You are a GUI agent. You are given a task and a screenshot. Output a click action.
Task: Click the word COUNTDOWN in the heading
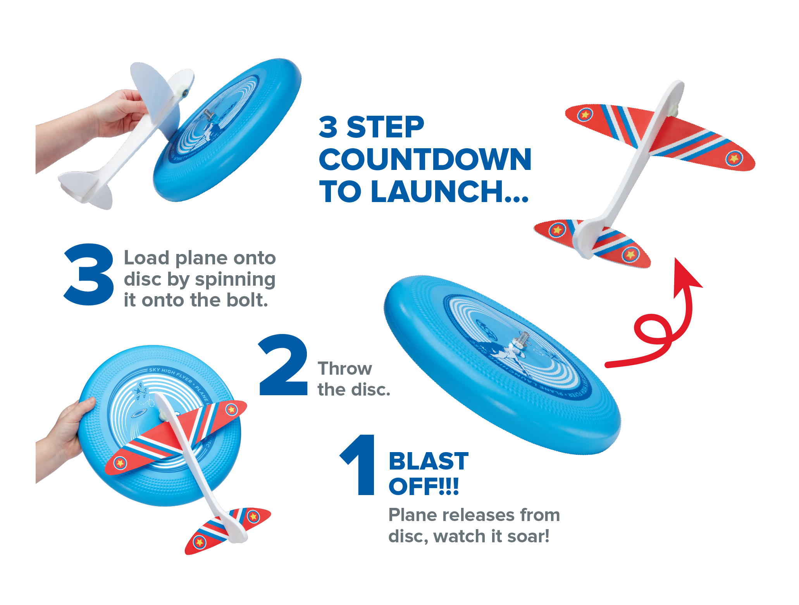click(x=425, y=159)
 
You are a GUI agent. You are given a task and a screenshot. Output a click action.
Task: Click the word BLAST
click(x=429, y=461)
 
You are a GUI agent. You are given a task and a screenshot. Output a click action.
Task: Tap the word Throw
click(x=344, y=368)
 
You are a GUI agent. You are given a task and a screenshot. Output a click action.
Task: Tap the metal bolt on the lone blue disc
click(x=522, y=340)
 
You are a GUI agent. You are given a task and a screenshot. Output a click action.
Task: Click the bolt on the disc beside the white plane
click(x=208, y=115)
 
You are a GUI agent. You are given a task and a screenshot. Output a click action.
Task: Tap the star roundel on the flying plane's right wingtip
click(x=734, y=158)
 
